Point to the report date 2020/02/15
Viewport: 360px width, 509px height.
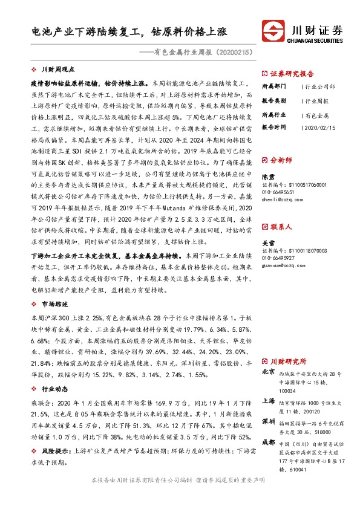321,128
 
